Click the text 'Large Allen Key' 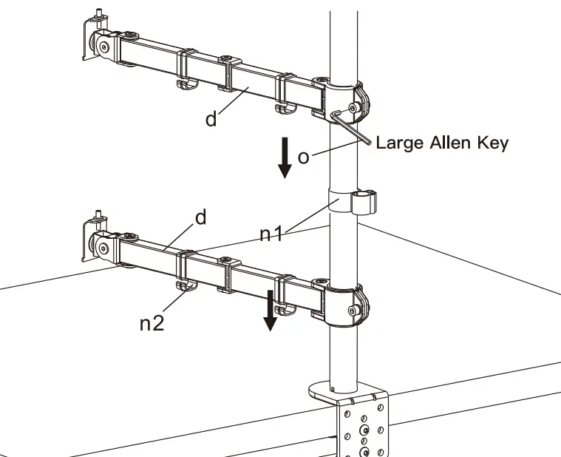point(442,143)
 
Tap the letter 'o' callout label point(303,158)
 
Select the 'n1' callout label point(271,234)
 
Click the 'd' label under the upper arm point(211,119)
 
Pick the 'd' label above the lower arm point(200,217)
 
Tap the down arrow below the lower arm point(271,311)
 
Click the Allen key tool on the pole point(351,126)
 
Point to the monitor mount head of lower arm point(95,240)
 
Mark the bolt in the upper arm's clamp point(355,108)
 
